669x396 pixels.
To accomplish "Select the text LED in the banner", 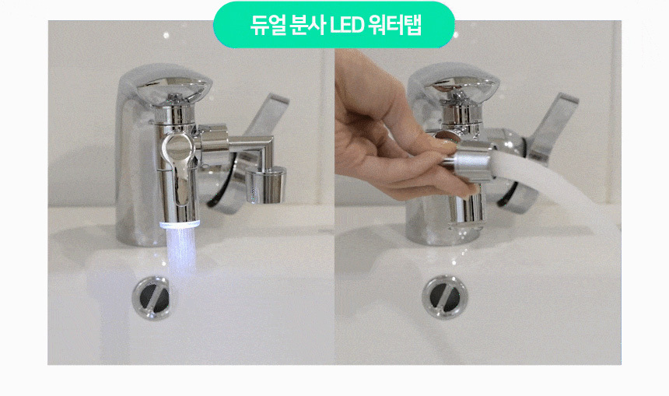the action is coord(346,26).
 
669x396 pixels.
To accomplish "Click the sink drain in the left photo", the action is coord(152,298).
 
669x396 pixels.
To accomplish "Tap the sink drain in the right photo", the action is coord(445,297).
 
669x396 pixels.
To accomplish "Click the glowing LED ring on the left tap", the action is coord(180,225).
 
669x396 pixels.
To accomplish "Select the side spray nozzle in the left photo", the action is coord(266,184).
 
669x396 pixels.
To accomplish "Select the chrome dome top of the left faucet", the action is coord(174,89).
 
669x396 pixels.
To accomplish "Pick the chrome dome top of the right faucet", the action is coord(464,88).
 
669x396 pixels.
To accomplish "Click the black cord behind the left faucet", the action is coord(222,184).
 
